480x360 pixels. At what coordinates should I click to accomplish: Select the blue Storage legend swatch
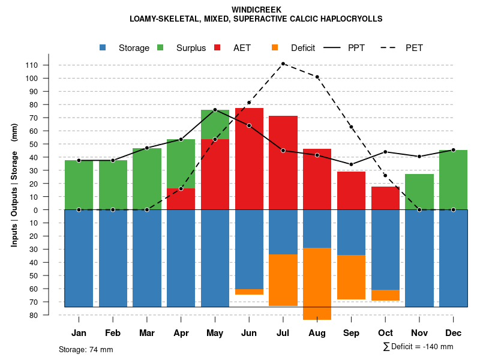pyautogui.click(x=103, y=47)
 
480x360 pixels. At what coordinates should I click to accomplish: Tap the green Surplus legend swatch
pyautogui.click(x=160, y=47)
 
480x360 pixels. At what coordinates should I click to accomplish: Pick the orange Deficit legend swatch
pyautogui.click(x=275, y=47)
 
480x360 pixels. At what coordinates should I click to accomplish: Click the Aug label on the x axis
pyautogui.click(x=317, y=333)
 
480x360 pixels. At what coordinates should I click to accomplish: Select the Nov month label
pyautogui.click(x=419, y=333)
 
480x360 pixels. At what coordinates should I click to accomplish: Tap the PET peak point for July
pyautogui.click(x=283, y=64)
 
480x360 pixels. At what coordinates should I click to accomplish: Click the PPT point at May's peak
pyautogui.click(x=215, y=110)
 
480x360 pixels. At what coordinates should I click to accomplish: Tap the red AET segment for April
pyautogui.click(x=181, y=199)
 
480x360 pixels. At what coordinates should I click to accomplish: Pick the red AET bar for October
pyautogui.click(x=385, y=198)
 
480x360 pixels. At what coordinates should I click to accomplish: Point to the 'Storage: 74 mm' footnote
pyautogui.click(x=86, y=349)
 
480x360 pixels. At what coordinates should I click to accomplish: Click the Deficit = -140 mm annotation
pyautogui.click(x=418, y=347)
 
